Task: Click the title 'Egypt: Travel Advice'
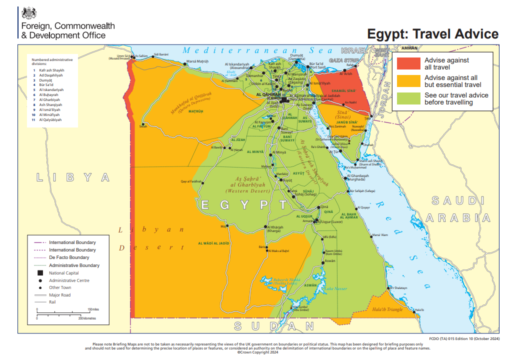(x=432, y=34)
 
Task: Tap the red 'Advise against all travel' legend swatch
(x=408, y=63)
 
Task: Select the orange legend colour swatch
(x=408, y=81)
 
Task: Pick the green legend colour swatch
(x=408, y=98)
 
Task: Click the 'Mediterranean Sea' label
(x=257, y=50)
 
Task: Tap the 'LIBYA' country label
(x=72, y=177)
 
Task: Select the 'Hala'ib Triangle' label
(x=387, y=309)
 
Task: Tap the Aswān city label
(x=330, y=261)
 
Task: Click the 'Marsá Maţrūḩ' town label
(x=197, y=61)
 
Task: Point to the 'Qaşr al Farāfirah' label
(x=190, y=181)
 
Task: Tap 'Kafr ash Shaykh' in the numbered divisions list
(x=51, y=70)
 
